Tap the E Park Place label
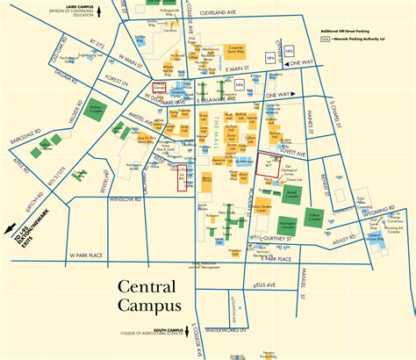tap(280, 260)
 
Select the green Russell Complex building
tap(293, 191)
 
